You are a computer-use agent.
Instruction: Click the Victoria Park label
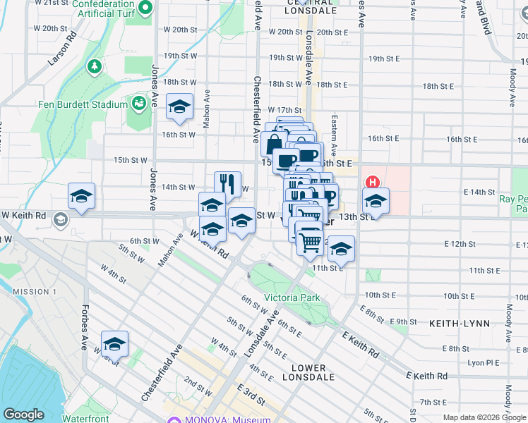click(x=292, y=298)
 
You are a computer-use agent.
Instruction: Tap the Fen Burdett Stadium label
click(x=82, y=104)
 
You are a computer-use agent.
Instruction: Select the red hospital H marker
click(x=371, y=181)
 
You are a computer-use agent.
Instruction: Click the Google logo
click(x=23, y=415)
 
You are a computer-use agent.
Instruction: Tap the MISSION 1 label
click(x=35, y=292)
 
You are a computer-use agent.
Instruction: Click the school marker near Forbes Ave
click(x=114, y=345)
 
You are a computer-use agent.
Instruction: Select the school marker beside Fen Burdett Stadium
click(x=180, y=108)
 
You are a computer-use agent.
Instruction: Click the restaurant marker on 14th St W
click(x=227, y=185)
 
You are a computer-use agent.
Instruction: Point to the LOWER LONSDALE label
click(x=308, y=372)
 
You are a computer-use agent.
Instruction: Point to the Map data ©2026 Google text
click(x=484, y=417)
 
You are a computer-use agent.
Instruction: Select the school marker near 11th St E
click(x=341, y=250)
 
